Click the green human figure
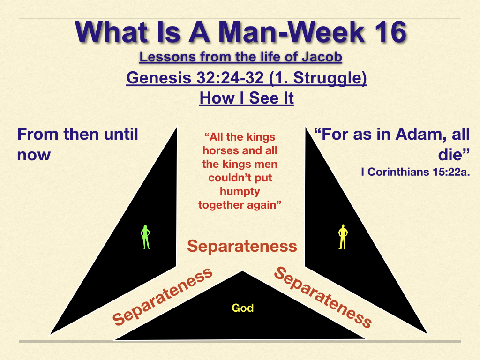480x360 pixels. click(x=145, y=237)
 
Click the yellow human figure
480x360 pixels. click(x=343, y=237)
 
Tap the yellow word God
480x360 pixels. click(x=243, y=307)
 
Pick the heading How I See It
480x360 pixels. click(x=247, y=98)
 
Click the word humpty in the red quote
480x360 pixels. click(x=240, y=192)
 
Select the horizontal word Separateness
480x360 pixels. click(x=242, y=246)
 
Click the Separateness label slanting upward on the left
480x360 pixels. click(x=162, y=296)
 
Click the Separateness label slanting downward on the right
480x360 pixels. click(x=322, y=297)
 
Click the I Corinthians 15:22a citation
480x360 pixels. click(x=415, y=172)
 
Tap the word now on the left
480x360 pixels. click(x=34, y=155)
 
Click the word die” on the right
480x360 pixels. click(x=454, y=154)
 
